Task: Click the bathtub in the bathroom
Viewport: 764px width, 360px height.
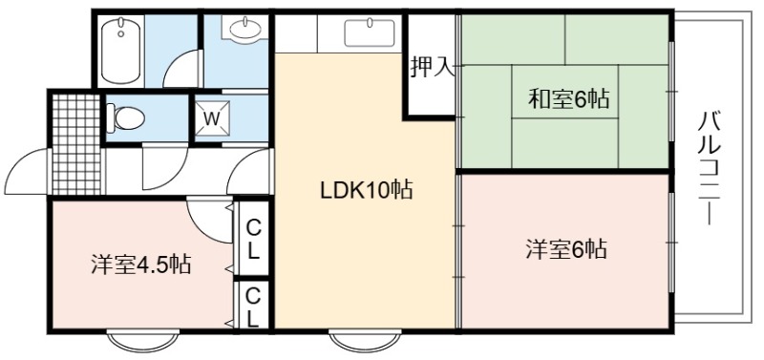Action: (x=121, y=51)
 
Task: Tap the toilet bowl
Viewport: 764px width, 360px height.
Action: (x=126, y=117)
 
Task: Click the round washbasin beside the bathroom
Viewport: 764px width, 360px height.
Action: (x=244, y=30)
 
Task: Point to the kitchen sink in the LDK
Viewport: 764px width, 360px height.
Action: (x=370, y=32)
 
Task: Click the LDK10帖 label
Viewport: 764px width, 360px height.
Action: (x=366, y=190)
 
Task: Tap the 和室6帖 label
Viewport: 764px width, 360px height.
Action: (x=568, y=99)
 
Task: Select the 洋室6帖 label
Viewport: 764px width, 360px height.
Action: (x=566, y=249)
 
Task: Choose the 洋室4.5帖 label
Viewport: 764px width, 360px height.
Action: (x=140, y=265)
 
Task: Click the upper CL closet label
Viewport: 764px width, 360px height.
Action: (x=252, y=239)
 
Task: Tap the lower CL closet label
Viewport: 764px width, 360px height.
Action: (x=252, y=307)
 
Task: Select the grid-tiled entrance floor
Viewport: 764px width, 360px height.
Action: (x=76, y=144)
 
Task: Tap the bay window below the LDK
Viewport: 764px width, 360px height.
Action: (x=365, y=341)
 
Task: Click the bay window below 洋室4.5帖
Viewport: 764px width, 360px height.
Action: (x=142, y=341)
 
